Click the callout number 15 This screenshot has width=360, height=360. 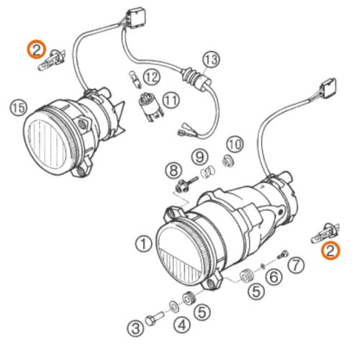pyautogui.click(x=19, y=107)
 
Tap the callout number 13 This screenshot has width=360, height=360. pyautogui.click(x=212, y=59)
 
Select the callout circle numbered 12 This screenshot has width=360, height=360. pyautogui.click(x=151, y=77)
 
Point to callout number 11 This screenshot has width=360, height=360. pyautogui.click(x=171, y=100)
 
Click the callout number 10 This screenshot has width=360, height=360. pyautogui.click(x=235, y=145)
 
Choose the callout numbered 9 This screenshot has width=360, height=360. pyautogui.click(x=199, y=157)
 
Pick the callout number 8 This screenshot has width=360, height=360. pyautogui.click(x=174, y=171)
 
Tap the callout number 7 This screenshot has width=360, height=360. pyautogui.click(x=296, y=265)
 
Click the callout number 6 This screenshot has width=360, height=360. pyautogui.click(x=274, y=276)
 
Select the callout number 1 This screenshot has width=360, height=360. pyautogui.click(x=144, y=243)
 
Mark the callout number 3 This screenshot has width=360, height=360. pyautogui.click(x=136, y=328)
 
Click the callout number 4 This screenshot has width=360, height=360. pyautogui.click(x=182, y=325)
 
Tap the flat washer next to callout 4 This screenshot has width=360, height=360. pyautogui.click(x=174, y=307)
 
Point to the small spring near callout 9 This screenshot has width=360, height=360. pyautogui.click(x=208, y=171)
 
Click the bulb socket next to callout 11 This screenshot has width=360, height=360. pyautogui.click(x=151, y=107)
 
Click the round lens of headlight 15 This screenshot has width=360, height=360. pyautogui.click(x=47, y=142)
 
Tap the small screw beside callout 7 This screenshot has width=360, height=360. pyautogui.click(x=283, y=255)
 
